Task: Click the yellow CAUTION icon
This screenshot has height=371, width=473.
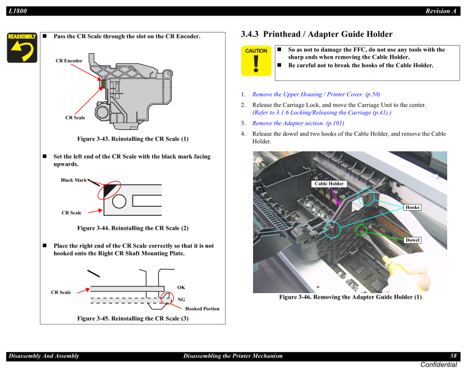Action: coord(256,61)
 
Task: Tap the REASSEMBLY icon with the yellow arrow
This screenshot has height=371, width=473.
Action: coord(22,48)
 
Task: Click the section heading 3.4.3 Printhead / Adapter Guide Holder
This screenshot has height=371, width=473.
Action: coord(316,34)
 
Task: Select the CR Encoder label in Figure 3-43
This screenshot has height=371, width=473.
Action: coord(68,61)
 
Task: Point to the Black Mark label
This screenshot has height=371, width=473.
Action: coord(74,180)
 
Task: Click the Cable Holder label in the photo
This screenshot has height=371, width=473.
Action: coord(329,184)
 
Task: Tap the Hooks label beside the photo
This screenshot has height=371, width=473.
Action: coord(412,207)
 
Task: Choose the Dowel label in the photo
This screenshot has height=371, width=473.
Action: coord(412,240)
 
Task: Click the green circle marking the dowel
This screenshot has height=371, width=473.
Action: coord(361,230)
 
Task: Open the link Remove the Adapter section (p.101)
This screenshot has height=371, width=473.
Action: coord(298,123)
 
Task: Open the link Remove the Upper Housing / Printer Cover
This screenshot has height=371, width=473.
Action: coord(316,94)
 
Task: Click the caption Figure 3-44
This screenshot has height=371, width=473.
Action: coord(132,228)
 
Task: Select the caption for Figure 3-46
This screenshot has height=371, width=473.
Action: coord(350,297)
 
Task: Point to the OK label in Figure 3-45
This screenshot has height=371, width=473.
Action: coord(181,287)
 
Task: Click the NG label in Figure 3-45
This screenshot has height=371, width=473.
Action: coord(181,300)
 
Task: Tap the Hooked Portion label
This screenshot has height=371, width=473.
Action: coord(202,309)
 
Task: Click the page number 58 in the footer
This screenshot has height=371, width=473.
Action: coord(453,356)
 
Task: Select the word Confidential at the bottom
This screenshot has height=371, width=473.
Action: coord(438,365)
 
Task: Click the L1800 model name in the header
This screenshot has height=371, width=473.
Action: coord(19,11)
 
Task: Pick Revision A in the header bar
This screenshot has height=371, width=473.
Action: coord(441,11)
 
